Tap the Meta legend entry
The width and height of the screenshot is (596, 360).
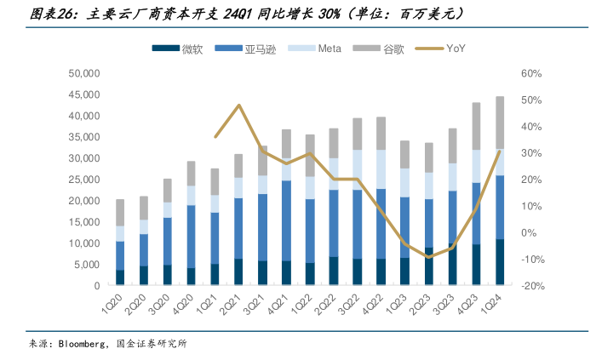(x=329, y=49)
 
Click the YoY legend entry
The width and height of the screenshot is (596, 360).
(x=456, y=49)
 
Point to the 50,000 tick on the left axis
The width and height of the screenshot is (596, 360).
(x=86, y=74)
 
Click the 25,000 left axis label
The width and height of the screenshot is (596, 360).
(x=86, y=180)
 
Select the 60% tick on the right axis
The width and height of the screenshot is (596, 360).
(x=532, y=74)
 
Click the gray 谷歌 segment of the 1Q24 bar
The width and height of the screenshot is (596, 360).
(x=500, y=123)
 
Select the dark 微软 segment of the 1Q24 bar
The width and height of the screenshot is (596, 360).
(x=500, y=262)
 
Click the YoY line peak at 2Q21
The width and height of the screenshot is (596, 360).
(x=239, y=106)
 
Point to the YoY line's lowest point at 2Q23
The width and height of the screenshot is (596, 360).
(x=428, y=256)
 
